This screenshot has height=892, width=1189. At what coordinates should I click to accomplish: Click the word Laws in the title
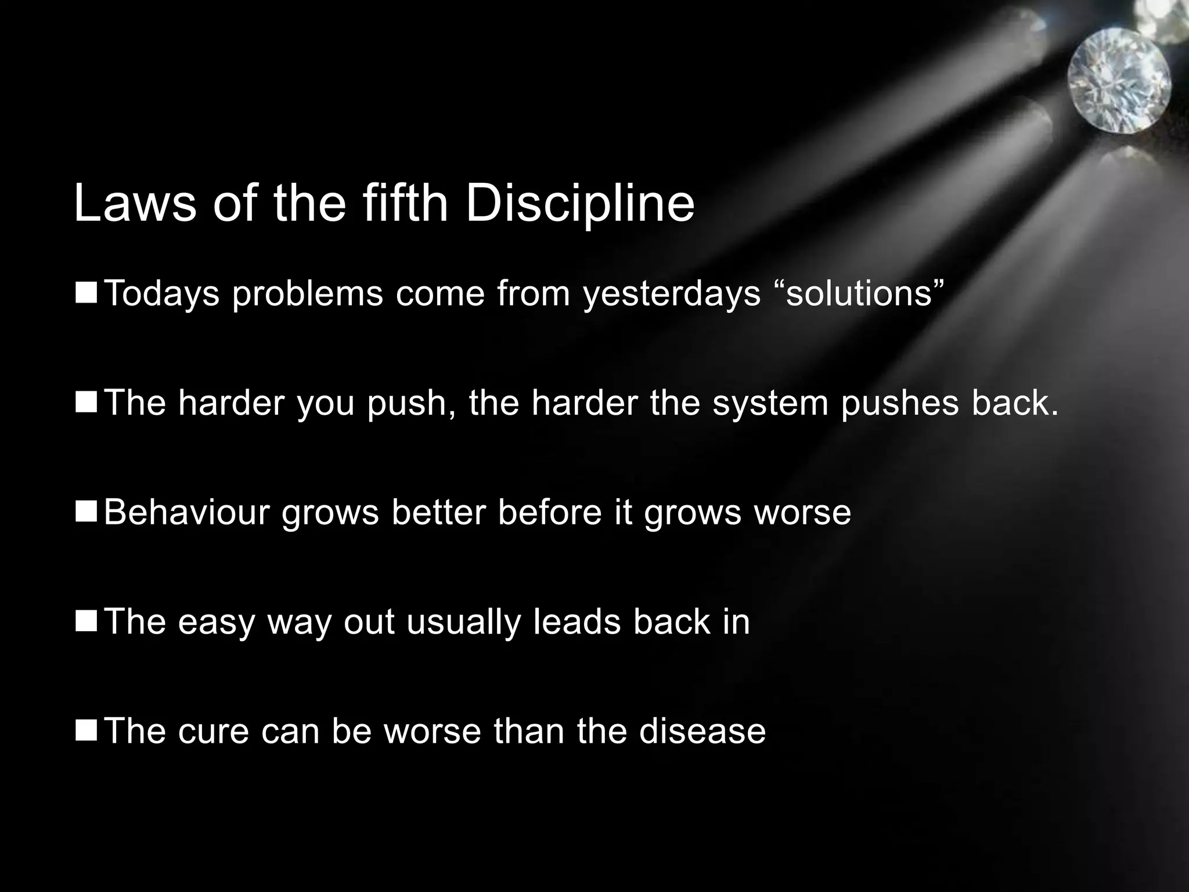coord(135,203)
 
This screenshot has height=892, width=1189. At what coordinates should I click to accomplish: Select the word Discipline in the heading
coord(579,203)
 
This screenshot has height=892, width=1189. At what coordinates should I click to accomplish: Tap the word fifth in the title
coord(405,203)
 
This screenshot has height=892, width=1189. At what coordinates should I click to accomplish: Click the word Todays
coord(162,293)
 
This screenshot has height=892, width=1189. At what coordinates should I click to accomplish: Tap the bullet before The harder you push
coord(86,402)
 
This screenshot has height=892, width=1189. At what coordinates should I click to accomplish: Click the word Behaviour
coord(187,512)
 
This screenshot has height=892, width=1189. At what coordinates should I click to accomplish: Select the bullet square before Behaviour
coord(86,512)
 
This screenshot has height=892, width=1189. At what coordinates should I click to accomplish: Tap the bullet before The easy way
coord(86,621)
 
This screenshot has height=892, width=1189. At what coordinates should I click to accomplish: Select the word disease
coord(702,731)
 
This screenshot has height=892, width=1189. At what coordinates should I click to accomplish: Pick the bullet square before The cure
coord(86,730)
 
